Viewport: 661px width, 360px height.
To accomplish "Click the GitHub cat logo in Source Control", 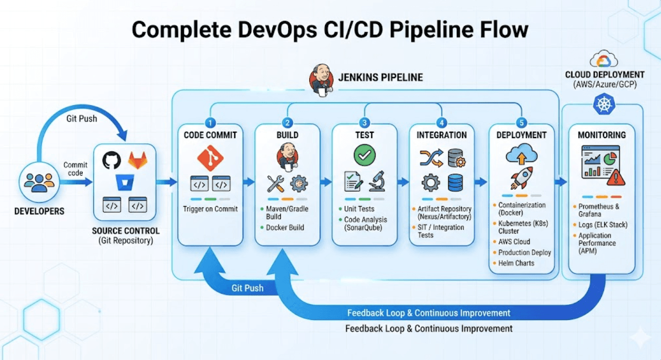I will pos(112,160).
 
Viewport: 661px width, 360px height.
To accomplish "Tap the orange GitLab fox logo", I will pos(137,160).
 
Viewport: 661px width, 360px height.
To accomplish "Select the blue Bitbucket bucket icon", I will pos(125,182).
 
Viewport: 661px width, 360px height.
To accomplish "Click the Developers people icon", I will pos(40,182).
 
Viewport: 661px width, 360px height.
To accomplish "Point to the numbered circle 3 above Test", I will pos(364,123).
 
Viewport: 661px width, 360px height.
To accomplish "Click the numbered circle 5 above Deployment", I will pos(521,123).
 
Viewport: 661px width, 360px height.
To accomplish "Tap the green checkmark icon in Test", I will pos(364,155).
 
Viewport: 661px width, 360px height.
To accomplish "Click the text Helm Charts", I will pos(516,263).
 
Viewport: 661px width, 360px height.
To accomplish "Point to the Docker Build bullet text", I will pos(284,228).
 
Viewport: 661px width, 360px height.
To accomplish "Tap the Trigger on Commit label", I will pos(210,209).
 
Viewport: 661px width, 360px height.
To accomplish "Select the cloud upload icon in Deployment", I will pos(521,155).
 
